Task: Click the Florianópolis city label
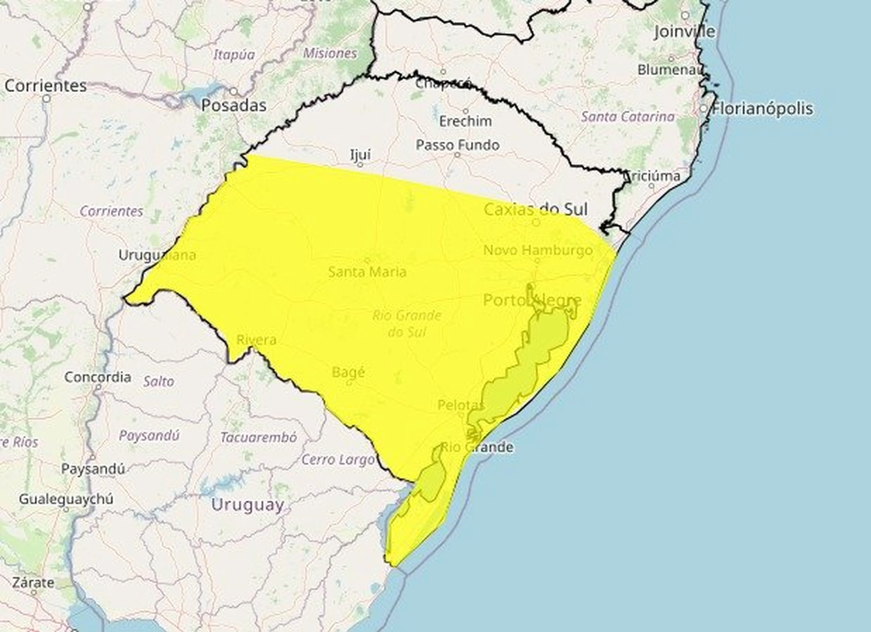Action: [762, 109]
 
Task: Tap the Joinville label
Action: [684, 32]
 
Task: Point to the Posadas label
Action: [234, 106]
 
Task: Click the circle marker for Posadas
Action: [234, 91]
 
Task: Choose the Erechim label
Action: [465, 121]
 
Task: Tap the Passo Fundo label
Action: [458, 145]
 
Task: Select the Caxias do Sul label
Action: [535, 210]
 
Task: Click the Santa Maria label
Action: [367, 272]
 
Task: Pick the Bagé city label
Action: [348, 372]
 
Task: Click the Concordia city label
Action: [98, 377]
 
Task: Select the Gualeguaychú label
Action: [66, 499]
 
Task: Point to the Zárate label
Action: [33, 583]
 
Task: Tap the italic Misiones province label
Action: [330, 53]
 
